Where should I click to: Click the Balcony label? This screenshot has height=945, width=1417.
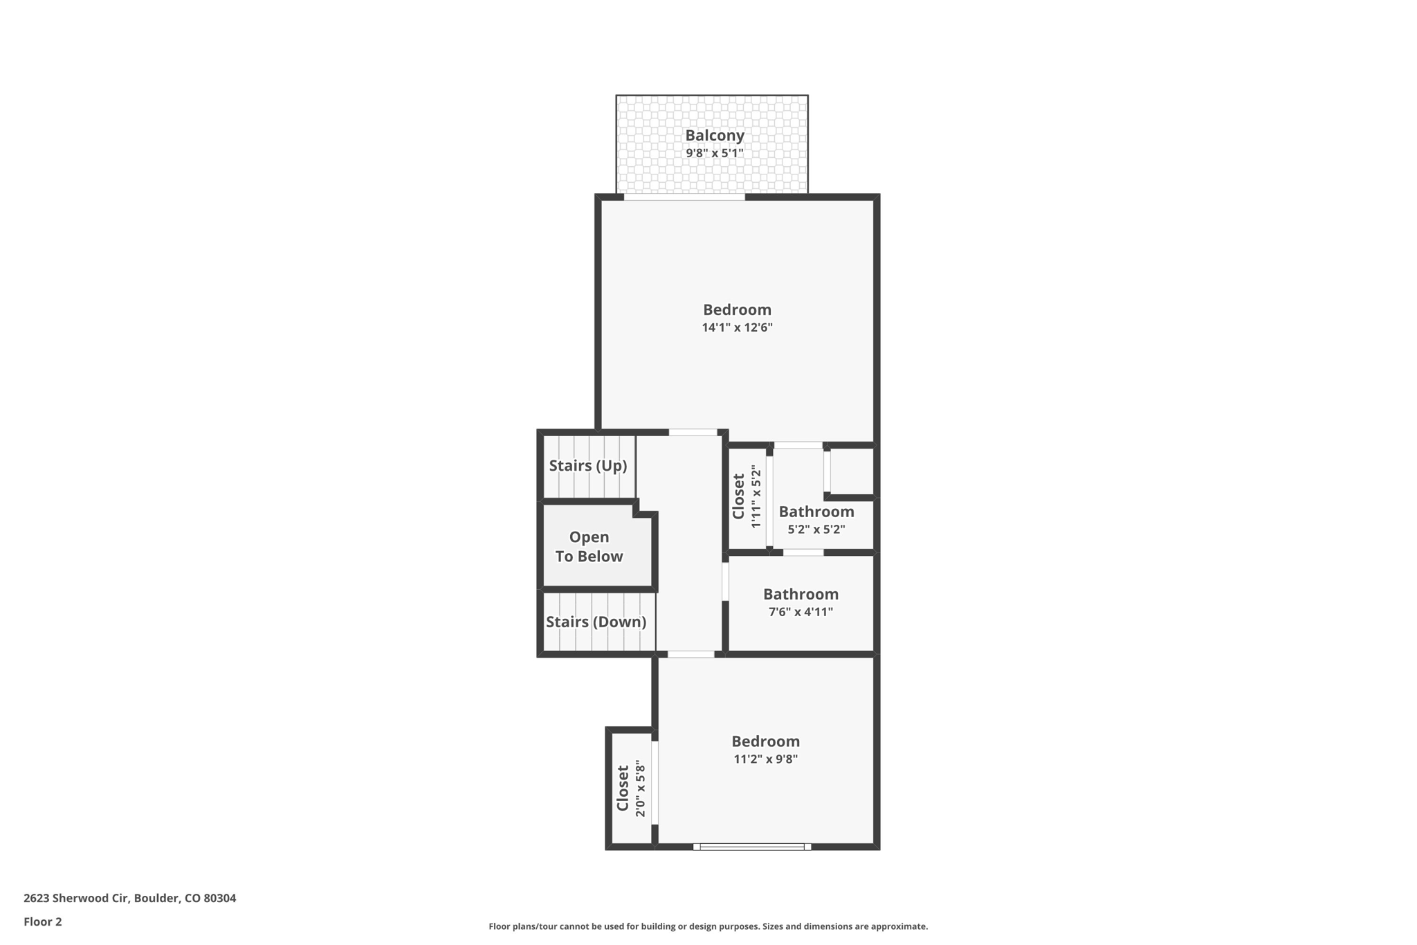tap(714, 135)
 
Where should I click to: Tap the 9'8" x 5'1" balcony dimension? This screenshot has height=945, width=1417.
tap(714, 153)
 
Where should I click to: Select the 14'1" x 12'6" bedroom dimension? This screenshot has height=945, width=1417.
tap(737, 327)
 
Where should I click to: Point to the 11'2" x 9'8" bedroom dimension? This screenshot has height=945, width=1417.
tap(765, 759)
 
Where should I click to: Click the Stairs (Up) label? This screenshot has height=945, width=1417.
tap(587, 465)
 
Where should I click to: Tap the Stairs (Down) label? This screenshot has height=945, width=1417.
tap(596, 622)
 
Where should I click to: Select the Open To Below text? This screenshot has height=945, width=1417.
tap(589, 547)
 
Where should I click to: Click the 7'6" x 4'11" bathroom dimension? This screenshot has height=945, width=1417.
tap(801, 612)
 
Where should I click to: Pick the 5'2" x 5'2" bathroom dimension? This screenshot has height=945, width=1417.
tap(816, 530)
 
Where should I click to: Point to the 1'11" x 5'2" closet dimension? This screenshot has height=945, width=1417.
tap(756, 496)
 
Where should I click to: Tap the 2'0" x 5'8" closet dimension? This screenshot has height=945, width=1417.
tap(641, 789)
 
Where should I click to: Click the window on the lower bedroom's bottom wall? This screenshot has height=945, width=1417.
tap(752, 846)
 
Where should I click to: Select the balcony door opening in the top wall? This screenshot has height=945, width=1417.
tap(684, 197)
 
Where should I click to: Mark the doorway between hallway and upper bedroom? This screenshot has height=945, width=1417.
tap(693, 433)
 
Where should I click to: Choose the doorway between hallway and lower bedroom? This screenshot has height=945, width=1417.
tap(691, 654)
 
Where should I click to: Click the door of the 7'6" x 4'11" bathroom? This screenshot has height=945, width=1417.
tap(725, 582)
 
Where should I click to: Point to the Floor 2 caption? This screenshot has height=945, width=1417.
tap(43, 921)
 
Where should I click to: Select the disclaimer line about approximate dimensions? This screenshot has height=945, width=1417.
tap(708, 926)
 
